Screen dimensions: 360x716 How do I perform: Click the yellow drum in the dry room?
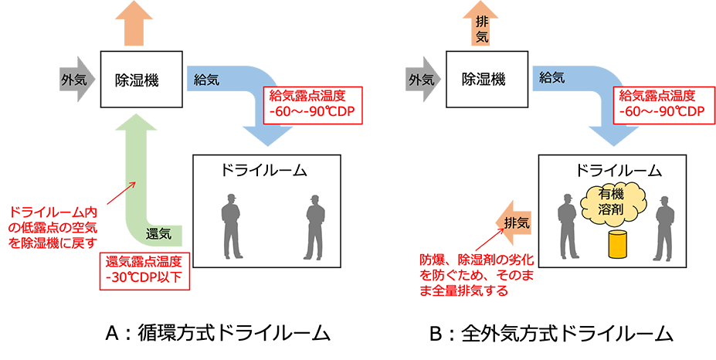(x=616, y=244)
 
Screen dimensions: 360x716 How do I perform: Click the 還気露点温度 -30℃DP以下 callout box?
(x=144, y=269)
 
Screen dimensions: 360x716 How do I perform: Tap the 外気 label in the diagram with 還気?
(x=75, y=79)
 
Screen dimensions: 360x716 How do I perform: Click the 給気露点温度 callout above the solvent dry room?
(x=660, y=104)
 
